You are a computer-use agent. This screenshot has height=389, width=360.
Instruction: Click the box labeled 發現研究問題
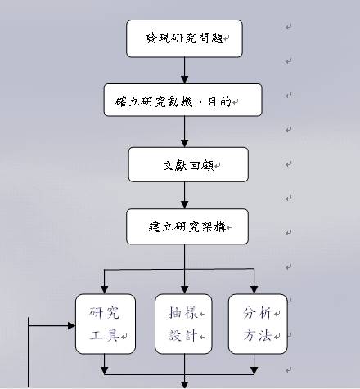tap(184, 38)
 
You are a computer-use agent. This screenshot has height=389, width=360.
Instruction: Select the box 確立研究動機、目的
tap(183, 100)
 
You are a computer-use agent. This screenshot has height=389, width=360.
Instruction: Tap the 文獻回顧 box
tap(188, 164)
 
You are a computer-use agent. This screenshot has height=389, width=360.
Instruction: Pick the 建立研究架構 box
tap(187, 226)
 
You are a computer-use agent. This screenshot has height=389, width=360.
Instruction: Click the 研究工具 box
tap(106, 324)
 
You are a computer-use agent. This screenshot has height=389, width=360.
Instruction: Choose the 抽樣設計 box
tap(183, 324)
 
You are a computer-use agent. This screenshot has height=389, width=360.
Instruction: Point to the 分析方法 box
tap(258, 324)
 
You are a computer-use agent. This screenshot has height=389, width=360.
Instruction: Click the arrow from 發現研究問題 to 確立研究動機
tap(185, 70)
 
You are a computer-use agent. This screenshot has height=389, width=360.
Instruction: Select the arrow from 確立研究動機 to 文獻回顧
tap(185, 132)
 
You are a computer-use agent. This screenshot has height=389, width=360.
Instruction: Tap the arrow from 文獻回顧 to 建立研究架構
tap(185, 195)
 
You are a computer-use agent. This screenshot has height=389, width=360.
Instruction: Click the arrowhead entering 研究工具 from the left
tap(72, 325)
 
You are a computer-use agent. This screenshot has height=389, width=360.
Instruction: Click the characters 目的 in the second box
tap(220, 102)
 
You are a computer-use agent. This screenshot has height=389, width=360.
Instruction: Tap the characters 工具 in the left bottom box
tap(105, 335)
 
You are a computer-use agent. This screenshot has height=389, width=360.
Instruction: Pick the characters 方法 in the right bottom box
tap(258, 335)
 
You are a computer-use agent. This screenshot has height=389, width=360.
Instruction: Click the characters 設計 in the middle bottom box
tap(182, 335)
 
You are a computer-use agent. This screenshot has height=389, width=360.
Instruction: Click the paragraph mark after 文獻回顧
tap(218, 166)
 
